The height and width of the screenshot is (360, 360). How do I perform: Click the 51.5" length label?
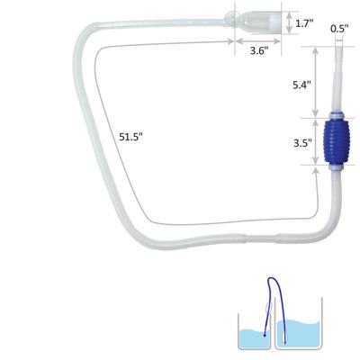pos(132,137)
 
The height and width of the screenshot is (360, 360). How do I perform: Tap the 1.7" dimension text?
pos(305,24)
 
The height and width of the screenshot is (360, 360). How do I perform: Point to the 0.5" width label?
pos(338,29)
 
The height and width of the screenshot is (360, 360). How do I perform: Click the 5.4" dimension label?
pos(302,85)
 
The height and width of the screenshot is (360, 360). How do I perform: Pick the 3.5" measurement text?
pos(302,142)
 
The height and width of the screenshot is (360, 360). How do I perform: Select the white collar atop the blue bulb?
pos(339,111)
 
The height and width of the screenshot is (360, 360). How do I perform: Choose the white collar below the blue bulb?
pos(339,168)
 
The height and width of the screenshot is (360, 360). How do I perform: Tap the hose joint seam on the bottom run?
pos(247,239)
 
